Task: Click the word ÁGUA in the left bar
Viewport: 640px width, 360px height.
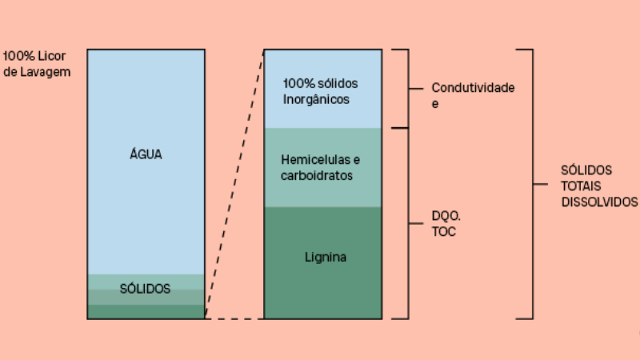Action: point(146,154)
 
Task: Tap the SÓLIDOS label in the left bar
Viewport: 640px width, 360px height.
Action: point(146,290)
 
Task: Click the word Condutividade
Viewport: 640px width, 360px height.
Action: point(473,87)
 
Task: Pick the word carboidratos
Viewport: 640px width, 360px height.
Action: point(317,175)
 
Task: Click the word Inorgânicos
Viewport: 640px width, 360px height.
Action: point(317,100)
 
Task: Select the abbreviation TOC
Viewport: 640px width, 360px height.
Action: point(442,232)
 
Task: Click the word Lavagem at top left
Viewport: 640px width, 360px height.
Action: point(43,72)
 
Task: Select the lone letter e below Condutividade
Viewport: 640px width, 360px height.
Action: point(435,103)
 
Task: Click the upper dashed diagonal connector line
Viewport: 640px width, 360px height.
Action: point(234,184)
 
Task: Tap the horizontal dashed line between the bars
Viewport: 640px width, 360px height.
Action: point(234,318)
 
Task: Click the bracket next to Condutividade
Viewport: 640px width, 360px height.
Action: point(409,88)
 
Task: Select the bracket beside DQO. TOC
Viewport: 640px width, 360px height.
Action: point(409,223)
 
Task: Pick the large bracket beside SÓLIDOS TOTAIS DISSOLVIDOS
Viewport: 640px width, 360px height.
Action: point(532,184)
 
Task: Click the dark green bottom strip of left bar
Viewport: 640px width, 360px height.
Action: point(146,312)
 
